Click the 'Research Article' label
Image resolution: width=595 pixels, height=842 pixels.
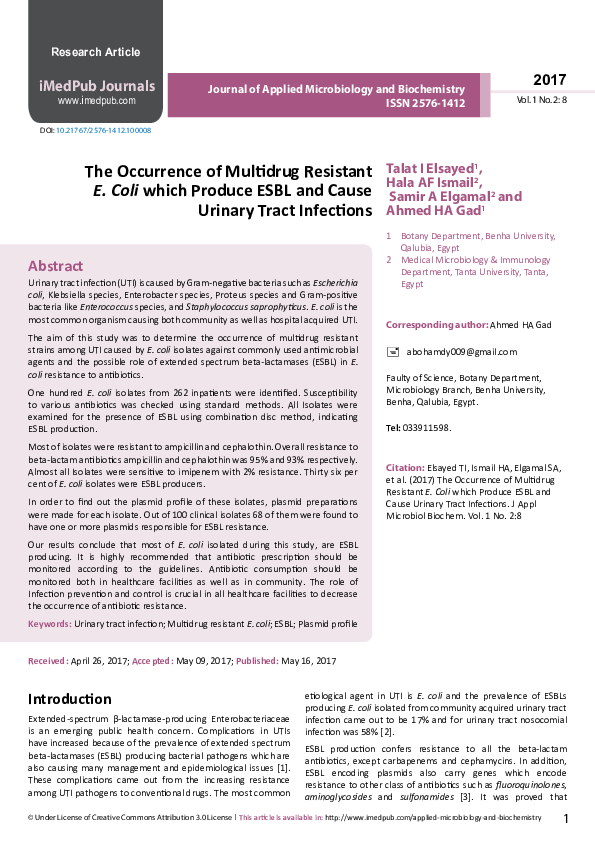coord(96,51)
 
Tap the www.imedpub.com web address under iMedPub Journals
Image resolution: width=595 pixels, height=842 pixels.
coord(96,101)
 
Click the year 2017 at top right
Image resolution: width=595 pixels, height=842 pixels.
coord(549,80)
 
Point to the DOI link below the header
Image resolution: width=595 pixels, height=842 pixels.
coord(103,131)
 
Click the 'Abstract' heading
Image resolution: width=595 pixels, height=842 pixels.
coord(55,266)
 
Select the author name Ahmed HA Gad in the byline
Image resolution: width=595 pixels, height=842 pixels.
coord(434,211)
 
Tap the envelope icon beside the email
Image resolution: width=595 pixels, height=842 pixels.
coord(392,352)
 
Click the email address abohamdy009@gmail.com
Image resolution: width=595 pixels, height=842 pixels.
coord(461,352)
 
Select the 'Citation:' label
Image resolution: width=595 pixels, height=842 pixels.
coord(405,468)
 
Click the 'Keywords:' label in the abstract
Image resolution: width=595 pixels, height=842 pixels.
coord(49,623)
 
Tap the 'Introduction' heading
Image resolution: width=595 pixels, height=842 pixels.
coord(70,698)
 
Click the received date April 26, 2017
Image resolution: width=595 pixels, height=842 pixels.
coord(101,661)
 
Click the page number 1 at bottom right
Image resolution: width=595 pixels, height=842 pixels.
coord(565,819)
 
